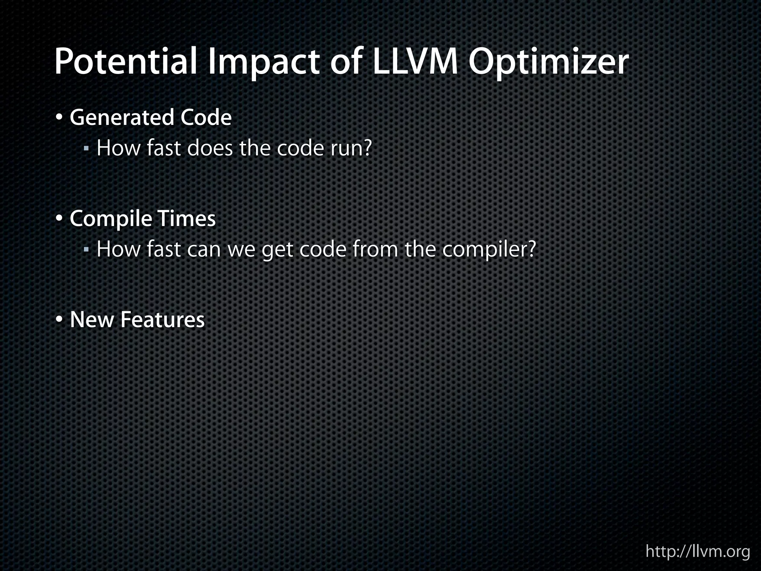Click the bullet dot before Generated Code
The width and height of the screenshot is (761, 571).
pyautogui.click(x=59, y=118)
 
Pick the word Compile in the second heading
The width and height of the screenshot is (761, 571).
pyautogui.click(x=110, y=219)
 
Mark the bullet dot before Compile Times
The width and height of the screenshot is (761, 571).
pyautogui.click(x=59, y=219)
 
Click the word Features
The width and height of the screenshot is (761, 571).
pyautogui.click(x=162, y=320)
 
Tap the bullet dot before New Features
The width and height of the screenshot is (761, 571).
pyautogui.click(x=59, y=320)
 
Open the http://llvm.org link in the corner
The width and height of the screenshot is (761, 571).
pyautogui.click(x=698, y=551)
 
